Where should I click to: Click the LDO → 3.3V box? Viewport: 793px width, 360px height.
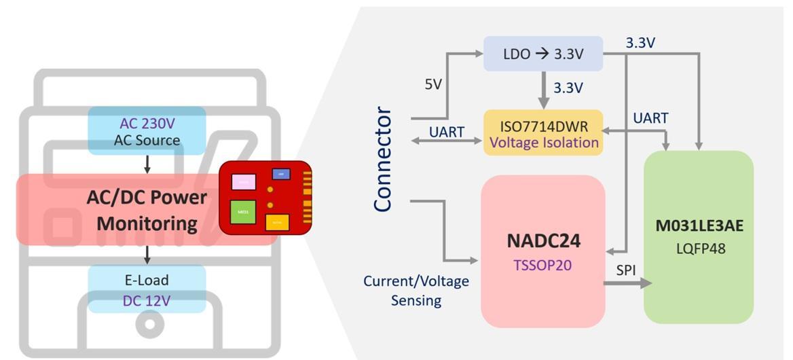click(x=543, y=54)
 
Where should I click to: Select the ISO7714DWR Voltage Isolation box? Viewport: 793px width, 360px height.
click(x=543, y=133)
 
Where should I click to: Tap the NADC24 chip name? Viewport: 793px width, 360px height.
click(x=543, y=241)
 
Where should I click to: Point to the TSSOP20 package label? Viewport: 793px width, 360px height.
click(x=542, y=265)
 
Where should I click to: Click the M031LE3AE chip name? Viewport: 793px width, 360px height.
click(x=699, y=226)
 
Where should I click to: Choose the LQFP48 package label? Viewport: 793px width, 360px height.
click(x=699, y=249)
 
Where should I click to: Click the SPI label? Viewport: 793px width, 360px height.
click(x=626, y=270)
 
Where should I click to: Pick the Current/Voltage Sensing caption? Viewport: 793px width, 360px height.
click(x=416, y=291)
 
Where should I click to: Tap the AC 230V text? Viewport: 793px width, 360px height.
click(x=147, y=124)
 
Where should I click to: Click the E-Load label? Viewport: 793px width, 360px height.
click(x=147, y=280)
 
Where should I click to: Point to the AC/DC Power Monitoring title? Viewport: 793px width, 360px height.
click(x=147, y=210)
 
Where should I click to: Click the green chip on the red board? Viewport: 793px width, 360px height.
click(x=242, y=211)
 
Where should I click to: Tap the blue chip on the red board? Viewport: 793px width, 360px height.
click(x=281, y=174)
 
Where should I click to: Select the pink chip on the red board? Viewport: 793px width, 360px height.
click(x=243, y=182)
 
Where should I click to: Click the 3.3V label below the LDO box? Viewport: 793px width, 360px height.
click(x=568, y=88)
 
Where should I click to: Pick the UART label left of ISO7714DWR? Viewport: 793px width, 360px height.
click(x=447, y=132)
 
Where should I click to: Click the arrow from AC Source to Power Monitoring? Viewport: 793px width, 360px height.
click(x=147, y=164)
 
